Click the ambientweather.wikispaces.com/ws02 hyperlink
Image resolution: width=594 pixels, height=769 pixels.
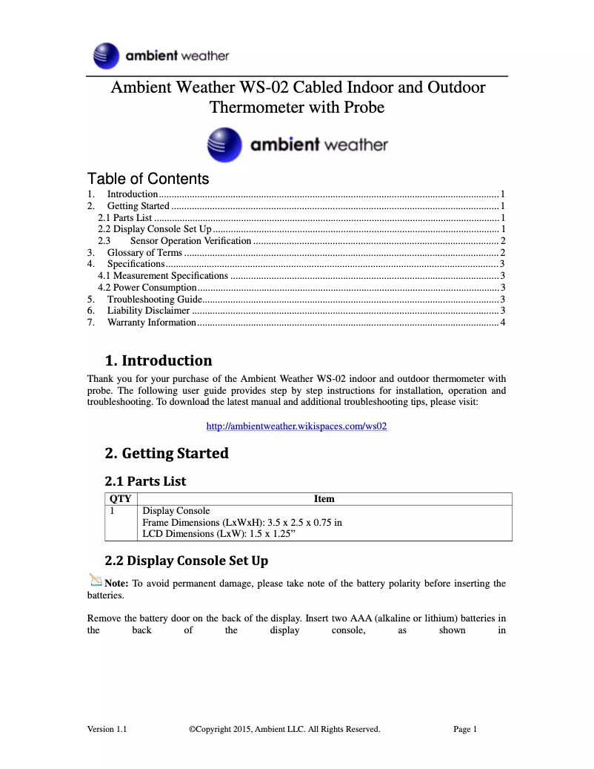pos(296,426)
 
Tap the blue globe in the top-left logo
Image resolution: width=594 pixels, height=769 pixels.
pos(107,56)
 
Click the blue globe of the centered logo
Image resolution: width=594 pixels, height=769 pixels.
pos(224,145)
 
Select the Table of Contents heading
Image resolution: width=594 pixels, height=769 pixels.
pos(148,179)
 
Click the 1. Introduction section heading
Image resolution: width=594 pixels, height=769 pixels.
pos(158,361)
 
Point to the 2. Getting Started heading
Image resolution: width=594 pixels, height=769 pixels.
pos(167,453)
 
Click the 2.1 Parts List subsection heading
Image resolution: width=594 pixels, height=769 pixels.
pos(145,481)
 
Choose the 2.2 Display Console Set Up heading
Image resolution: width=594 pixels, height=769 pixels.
pos(187,561)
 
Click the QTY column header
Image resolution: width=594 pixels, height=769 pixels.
pos(120,499)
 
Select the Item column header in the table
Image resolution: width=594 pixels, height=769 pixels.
pos(324,499)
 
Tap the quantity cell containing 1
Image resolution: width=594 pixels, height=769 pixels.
pos(113,511)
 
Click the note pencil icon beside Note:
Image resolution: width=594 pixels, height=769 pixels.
pos(95,580)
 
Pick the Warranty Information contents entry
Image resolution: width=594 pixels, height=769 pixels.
pos(151,323)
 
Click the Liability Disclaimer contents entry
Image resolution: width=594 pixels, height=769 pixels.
pos(148,311)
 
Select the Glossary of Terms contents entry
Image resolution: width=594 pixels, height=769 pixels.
pos(144,252)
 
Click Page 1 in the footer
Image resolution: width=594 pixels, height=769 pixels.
pos(465,729)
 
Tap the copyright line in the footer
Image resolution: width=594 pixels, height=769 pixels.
pos(284,729)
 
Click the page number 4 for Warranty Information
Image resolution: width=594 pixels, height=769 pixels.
pos(502,323)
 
